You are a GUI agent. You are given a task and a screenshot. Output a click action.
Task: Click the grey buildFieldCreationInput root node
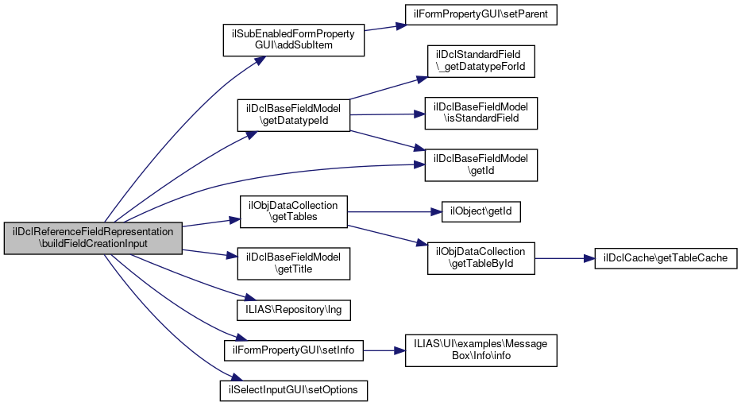pos(93,238)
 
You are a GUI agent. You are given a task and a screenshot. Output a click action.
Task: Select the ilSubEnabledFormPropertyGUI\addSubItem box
pos(294,40)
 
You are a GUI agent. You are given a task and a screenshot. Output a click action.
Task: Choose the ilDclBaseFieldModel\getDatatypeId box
pos(294,115)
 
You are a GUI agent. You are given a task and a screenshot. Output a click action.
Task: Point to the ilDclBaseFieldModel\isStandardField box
pos(481,113)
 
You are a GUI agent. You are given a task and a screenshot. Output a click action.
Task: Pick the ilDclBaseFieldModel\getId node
pos(481,164)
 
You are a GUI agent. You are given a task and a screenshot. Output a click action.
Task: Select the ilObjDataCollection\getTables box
pos(294,211)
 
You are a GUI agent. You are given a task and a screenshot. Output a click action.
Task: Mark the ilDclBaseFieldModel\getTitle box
pos(294,263)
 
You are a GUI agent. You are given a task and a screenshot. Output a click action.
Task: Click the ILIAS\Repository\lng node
pos(294,307)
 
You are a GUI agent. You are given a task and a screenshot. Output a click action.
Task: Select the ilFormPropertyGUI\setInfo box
pos(294,349)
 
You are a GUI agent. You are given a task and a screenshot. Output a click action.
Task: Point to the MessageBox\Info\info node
pos(481,350)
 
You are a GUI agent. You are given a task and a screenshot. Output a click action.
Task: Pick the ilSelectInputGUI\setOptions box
pos(294,390)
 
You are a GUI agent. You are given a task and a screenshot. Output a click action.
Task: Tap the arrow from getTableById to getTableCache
pos(564,258)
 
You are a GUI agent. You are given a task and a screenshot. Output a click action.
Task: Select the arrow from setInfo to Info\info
pos(384,350)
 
